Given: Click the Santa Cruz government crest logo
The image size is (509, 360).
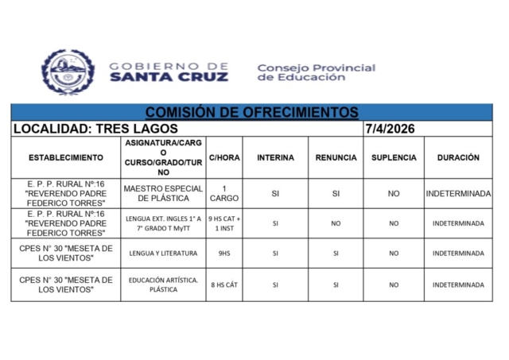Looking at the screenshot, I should click(x=68, y=72).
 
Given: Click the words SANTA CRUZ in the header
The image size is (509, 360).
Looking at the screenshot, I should click(x=169, y=77).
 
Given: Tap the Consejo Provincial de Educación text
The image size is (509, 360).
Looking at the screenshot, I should click(x=316, y=72).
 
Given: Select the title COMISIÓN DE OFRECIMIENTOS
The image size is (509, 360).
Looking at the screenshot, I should click(x=251, y=113).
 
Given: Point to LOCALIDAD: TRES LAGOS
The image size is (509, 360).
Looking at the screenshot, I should click(x=95, y=129).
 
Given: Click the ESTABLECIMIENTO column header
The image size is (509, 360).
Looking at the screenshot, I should click(x=65, y=157).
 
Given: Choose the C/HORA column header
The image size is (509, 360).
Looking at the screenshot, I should click(x=223, y=157).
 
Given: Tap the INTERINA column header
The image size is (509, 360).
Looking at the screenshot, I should click(x=275, y=157).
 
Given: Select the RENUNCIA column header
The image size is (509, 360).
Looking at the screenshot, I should click(x=336, y=157).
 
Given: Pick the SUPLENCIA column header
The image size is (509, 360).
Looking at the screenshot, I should click(x=394, y=157).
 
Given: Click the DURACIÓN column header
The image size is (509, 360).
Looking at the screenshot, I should click(x=458, y=157).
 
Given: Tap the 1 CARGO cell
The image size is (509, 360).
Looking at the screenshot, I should click(x=223, y=193).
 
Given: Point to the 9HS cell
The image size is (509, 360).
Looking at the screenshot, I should click(x=223, y=254).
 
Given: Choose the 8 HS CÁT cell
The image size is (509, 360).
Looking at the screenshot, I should click(x=223, y=285).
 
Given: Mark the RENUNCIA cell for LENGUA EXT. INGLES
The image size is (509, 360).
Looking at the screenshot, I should click(x=336, y=223).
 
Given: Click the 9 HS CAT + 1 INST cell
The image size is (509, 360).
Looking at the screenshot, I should click(x=223, y=223).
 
